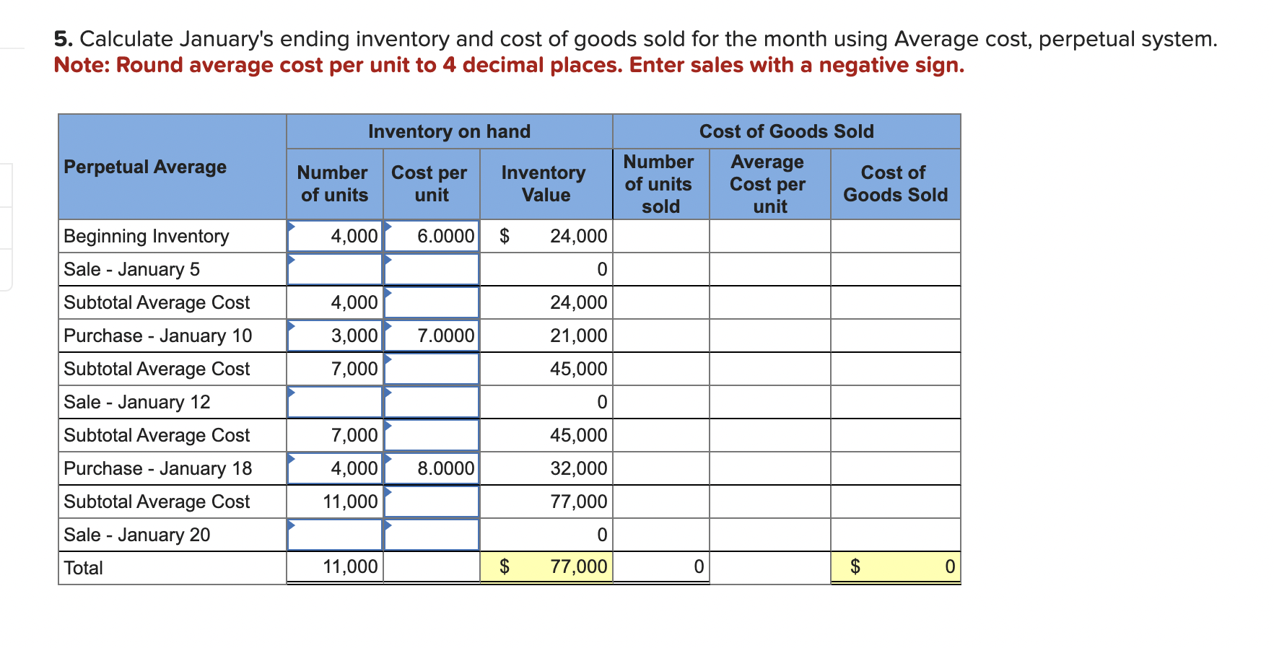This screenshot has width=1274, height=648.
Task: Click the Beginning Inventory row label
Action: tap(146, 236)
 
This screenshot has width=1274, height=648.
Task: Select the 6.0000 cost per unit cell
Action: tap(432, 236)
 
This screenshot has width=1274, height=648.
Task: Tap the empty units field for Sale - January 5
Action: tap(334, 269)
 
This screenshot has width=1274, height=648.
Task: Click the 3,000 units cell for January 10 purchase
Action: tap(334, 336)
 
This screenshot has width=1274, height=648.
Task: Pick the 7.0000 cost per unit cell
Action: tap(432, 336)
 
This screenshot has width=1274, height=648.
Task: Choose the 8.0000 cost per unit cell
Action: tap(432, 468)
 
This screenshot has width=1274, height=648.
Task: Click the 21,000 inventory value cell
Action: tap(546, 336)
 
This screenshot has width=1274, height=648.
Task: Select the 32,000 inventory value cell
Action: tap(546, 468)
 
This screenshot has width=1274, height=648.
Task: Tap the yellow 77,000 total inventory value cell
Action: tap(546, 566)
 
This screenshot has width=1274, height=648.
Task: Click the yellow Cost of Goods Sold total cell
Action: tap(895, 566)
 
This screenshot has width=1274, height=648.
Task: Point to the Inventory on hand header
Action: tap(449, 131)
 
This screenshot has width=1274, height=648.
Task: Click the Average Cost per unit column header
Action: tap(769, 184)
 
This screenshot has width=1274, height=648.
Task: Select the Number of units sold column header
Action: tap(660, 184)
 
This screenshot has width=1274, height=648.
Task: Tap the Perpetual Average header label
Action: tap(145, 167)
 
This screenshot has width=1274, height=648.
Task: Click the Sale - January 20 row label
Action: tap(137, 535)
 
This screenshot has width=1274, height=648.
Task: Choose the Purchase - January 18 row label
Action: tap(158, 468)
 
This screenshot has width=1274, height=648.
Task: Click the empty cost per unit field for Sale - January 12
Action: tap(432, 402)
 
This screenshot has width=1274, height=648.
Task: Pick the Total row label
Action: tap(84, 568)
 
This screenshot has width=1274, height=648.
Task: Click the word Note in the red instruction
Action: tap(81, 65)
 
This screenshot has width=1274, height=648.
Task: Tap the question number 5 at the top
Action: tap(63, 39)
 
